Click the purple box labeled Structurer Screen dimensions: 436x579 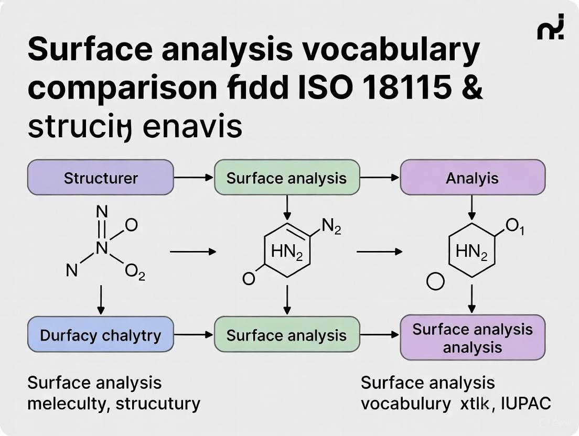point(100,178)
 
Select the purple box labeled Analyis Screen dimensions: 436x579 point(473,178)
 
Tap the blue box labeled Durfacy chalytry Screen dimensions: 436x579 point(100,335)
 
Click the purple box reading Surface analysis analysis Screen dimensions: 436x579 point(473,337)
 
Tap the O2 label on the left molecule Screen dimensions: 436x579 point(135,272)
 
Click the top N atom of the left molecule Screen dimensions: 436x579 point(102,211)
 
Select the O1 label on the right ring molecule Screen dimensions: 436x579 point(514,226)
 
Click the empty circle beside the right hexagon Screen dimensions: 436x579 point(435,281)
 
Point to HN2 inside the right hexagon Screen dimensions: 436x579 point(471,253)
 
